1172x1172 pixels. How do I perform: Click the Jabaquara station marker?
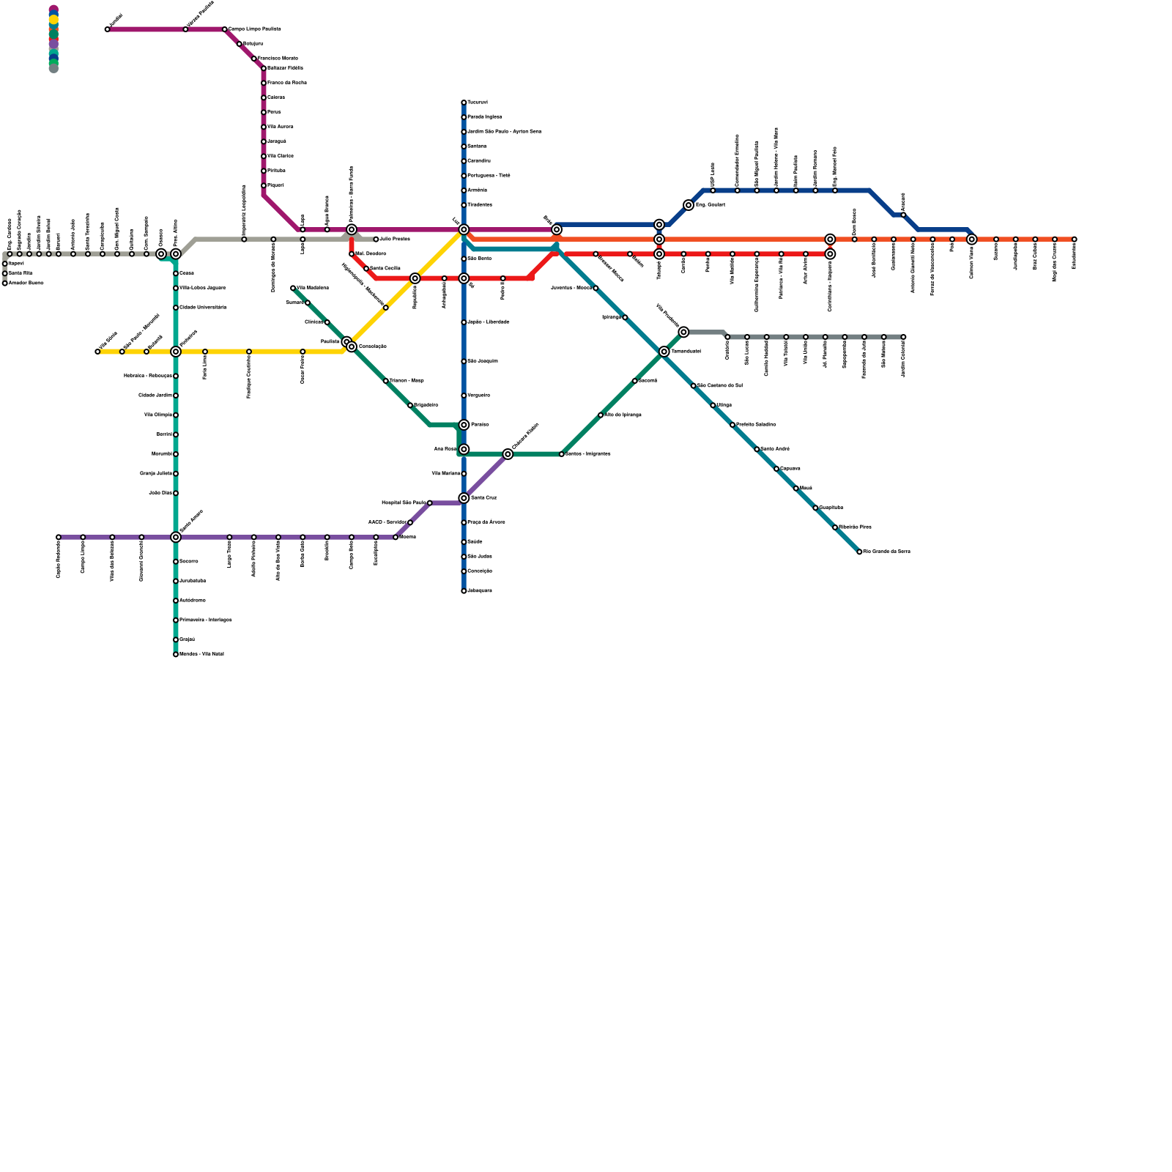(464, 591)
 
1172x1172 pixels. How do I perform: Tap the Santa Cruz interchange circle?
(464, 498)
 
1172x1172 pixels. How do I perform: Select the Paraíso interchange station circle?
(464, 425)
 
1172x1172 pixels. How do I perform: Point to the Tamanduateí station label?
(686, 352)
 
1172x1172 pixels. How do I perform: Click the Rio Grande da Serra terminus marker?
(859, 552)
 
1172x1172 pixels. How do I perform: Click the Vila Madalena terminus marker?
(293, 288)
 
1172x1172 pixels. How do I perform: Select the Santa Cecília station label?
(385, 269)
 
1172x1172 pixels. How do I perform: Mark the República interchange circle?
(415, 278)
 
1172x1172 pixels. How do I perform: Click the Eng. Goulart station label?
(710, 205)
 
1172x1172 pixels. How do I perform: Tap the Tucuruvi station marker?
(464, 103)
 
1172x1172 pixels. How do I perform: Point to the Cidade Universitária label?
(203, 308)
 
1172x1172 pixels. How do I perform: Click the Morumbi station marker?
(176, 454)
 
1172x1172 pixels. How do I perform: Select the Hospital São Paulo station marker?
(430, 503)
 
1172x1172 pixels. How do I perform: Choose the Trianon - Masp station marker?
(386, 381)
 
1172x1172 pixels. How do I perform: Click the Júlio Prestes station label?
(395, 240)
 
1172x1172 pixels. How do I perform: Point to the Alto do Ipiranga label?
(623, 415)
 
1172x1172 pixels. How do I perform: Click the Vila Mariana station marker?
(464, 474)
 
